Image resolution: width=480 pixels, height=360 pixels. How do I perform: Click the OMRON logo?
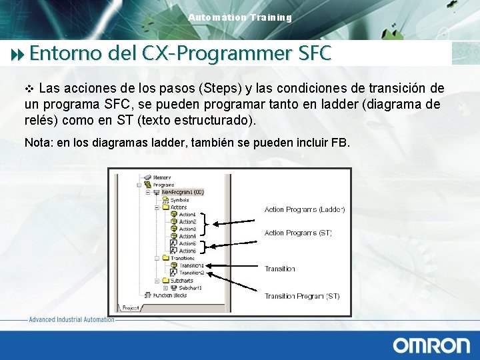(431, 345)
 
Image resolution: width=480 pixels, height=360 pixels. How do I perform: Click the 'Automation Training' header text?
(240, 17)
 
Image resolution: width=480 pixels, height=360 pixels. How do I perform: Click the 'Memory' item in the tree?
(163, 177)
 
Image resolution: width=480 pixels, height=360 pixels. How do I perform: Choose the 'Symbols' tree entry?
(179, 199)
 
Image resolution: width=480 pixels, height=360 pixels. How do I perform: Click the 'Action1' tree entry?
(187, 214)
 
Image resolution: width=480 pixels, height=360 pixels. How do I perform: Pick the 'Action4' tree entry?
(187, 236)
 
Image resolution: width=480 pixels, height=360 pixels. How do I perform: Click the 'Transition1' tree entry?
(191, 265)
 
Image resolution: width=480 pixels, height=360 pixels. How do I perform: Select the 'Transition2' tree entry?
(191, 273)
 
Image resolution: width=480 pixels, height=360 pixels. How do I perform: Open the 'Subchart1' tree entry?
(189, 287)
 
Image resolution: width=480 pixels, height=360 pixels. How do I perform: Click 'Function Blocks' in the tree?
(171, 295)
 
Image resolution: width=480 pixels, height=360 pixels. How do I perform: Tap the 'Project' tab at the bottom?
(131, 307)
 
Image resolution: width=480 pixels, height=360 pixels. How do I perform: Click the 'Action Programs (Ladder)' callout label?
(304, 209)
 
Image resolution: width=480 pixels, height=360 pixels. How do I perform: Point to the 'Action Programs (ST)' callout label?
(297, 233)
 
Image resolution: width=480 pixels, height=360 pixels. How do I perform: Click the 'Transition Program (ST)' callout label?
(301, 296)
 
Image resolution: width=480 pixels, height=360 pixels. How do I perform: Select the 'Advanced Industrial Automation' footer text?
(71, 320)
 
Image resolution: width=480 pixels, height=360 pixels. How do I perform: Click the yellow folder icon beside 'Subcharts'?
(164, 280)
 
